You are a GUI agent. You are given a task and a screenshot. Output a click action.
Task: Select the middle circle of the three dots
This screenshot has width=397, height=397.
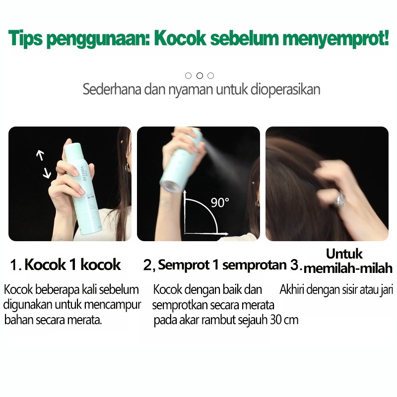pyautogui.click(x=199, y=75)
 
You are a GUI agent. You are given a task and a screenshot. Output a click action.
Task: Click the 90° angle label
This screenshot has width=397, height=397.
pyautogui.click(x=220, y=202)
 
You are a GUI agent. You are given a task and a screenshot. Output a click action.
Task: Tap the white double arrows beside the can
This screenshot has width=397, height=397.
pyautogui.click(x=43, y=164)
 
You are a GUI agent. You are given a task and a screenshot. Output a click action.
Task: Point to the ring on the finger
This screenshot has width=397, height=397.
pyautogui.click(x=340, y=200)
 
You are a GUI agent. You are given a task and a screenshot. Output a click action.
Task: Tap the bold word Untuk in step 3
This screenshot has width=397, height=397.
pyautogui.click(x=344, y=254)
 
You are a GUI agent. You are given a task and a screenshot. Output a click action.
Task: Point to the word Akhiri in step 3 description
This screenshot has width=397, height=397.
pyautogui.click(x=292, y=289)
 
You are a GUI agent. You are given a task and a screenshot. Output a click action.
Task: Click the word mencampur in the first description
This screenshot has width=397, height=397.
pyautogui.click(x=119, y=304)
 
